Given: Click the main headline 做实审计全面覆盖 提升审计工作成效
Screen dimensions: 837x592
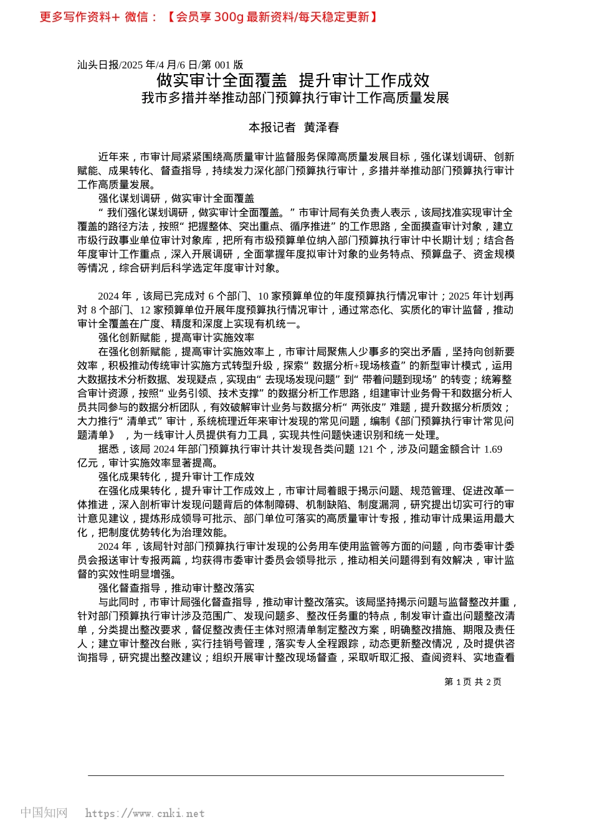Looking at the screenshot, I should click(293, 80).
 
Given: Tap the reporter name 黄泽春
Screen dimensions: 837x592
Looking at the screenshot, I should click(322, 128).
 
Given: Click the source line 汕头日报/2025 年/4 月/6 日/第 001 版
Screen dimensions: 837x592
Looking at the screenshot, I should click(160, 65).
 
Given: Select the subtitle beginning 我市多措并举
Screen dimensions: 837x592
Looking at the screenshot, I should click(295, 98).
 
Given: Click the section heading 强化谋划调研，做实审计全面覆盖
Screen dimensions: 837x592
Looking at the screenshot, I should click(176, 199).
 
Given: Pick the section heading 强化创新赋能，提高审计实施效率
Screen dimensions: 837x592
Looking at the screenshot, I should click(176, 338).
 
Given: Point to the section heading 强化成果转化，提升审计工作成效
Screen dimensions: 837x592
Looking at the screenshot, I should click(176, 476).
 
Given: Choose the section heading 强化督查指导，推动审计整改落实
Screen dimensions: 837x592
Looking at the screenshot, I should click(176, 588).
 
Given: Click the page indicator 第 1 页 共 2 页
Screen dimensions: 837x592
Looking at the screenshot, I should click(472, 682).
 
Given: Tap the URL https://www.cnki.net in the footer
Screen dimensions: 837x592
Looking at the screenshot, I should click(145, 813).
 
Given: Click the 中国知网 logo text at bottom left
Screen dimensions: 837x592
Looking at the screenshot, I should click(44, 813).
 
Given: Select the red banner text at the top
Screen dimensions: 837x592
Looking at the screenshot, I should click(209, 17).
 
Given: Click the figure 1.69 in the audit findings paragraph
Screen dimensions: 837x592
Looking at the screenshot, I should click(492, 449).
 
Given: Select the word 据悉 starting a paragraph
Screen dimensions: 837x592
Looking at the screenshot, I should click(108, 449).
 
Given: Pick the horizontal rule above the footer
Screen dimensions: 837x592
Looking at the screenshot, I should click(296, 776).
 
